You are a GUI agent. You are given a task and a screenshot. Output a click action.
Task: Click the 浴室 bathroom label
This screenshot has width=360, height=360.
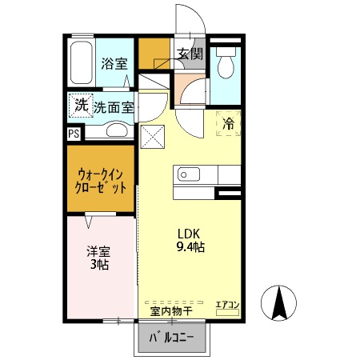tap(114, 64)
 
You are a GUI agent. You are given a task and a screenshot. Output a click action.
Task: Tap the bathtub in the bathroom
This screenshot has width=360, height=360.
tap(81, 62)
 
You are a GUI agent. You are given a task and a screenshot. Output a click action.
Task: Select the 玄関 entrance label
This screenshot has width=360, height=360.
tap(190, 54)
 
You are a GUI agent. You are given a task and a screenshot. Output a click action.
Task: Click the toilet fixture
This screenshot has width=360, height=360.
tap(226, 63)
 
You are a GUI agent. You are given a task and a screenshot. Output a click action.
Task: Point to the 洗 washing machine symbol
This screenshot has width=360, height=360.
tap(81, 105)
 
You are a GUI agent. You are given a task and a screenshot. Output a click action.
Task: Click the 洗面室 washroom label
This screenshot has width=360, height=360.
tap(114, 106)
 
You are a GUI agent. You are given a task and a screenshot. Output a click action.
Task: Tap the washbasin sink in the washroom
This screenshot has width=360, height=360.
tap(118, 131)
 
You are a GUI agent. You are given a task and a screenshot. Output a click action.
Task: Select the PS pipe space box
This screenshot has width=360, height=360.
tap(74, 134)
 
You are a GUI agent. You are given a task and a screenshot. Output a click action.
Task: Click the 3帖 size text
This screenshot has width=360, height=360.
tap(99, 264)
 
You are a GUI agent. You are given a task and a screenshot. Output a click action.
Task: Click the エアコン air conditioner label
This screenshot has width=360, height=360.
tap(227, 304)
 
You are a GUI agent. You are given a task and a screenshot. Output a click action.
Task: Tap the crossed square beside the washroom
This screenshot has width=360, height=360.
tap(151, 137)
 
